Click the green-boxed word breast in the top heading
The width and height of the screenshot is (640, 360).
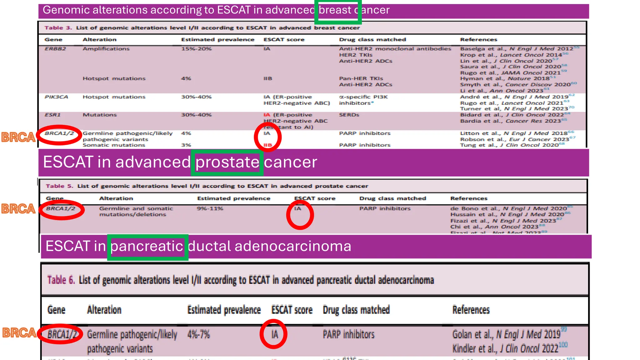pyautogui.click(x=335, y=10)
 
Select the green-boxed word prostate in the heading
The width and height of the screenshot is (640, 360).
pyautogui.click(x=227, y=162)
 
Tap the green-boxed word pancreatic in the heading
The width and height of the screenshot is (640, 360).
pyautogui.click(x=147, y=246)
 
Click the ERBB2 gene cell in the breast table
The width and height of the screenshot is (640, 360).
pyautogui.click(x=55, y=49)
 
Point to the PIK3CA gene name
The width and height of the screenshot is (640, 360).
pyautogui.click(x=56, y=97)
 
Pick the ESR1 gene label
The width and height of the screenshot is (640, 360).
pyautogui.click(x=52, y=115)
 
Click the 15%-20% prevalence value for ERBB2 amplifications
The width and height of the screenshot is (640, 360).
pyautogui.click(x=196, y=49)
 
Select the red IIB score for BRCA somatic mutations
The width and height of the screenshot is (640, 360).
pyautogui.click(x=268, y=145)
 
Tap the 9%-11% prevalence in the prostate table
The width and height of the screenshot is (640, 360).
pyautogui.click(x=210, y=208)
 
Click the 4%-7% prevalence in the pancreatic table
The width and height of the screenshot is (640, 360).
pyautogui.click(x=199, y=335)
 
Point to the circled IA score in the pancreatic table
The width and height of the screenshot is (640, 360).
pyautogui.click(x=274, y=335)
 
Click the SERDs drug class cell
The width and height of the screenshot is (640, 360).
pyautogui.click(x=349, y=115)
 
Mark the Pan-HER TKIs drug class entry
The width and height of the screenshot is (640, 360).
pyautogui.click(x=361, y=78)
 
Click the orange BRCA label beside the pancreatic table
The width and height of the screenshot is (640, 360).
pyautogui.click(x=19, y=333)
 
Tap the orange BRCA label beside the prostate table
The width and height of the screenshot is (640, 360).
pyautogui.click(x=18, y=209)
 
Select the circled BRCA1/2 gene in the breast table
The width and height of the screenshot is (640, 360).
pyautogui.click(x=59, y=133)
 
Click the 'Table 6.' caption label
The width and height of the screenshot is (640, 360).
pyautogui.click(x=61, y=280)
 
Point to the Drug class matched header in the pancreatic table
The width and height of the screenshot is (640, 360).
pyautogui.click(x=356, y=310)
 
